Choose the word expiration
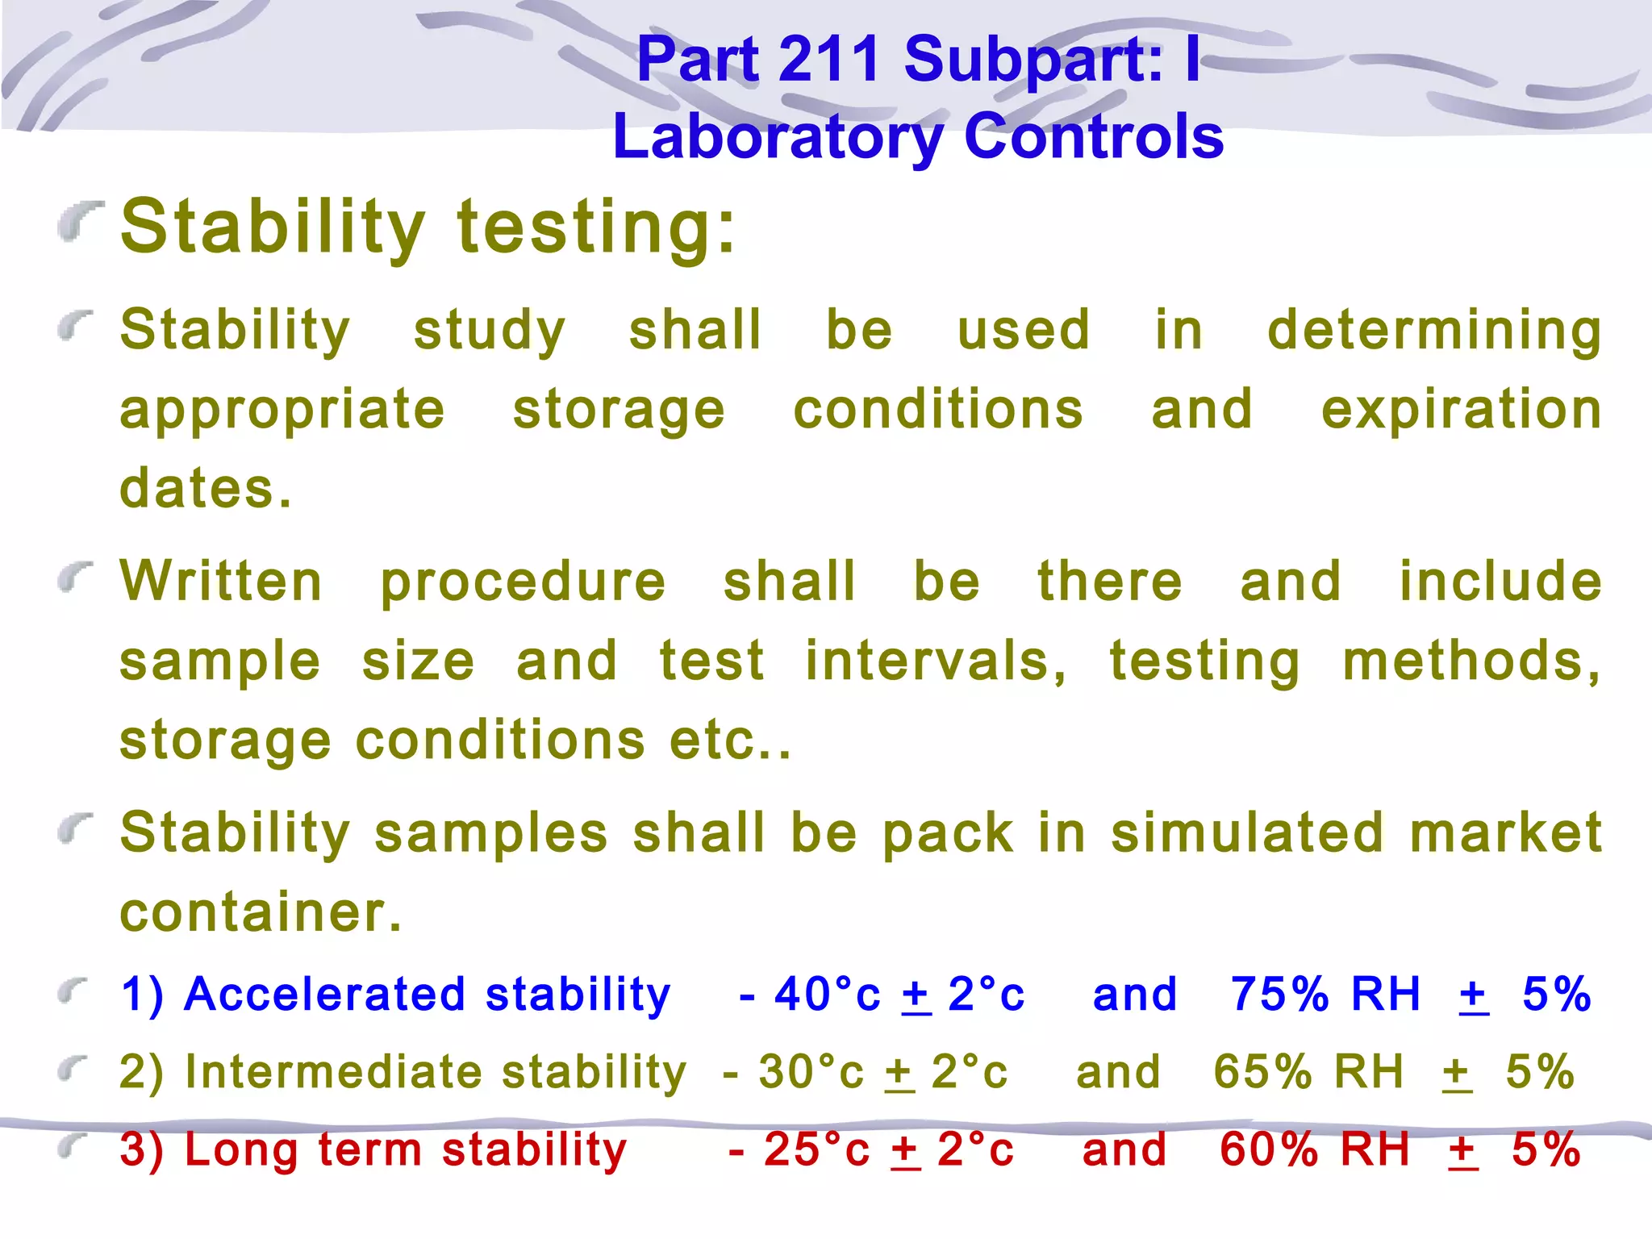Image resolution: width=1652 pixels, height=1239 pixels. [x=1461, y=410]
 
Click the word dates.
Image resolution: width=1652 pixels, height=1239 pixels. [x=205, y=489]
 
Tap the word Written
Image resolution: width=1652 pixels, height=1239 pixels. [x=221, y=582]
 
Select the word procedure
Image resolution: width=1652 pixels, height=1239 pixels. [x=523, y=583]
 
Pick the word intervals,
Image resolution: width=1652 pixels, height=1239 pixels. [x=936, y=661]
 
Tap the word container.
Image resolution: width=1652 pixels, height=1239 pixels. [x=260, y=912]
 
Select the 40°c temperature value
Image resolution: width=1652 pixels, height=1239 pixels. [x=827, y=994]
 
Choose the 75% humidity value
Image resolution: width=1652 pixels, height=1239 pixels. [x=1279, y=994]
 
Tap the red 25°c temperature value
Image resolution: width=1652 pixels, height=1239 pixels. [x=816, y=1149]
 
